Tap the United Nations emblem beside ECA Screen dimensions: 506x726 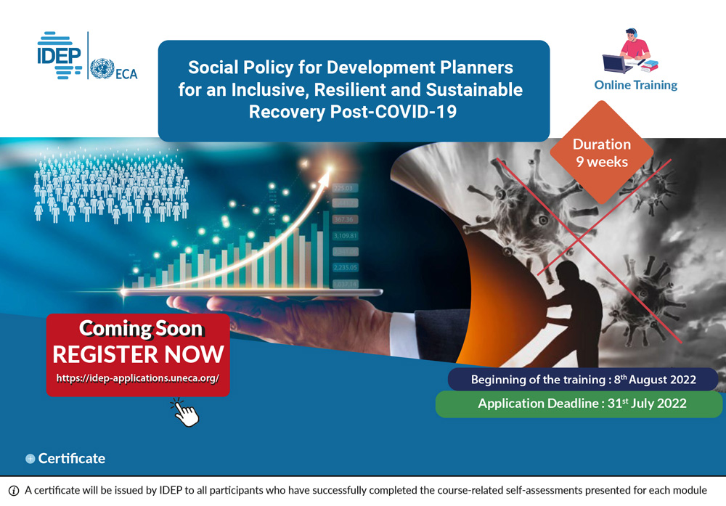(x=102, y=69)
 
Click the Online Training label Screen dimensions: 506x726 (x=635, y=85)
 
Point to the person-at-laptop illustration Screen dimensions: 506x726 (x=629, y=51)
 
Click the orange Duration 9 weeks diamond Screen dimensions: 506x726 (x=601, y=152)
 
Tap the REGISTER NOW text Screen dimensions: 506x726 (x=138, y=354)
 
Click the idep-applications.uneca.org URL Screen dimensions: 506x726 (x=137, y=379)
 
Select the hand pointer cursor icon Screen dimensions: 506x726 (x=185, y=412)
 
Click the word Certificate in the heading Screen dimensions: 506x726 (x=71, y=458)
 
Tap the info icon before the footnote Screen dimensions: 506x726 (x=13, y=491)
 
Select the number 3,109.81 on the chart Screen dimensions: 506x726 (x=345, y=236)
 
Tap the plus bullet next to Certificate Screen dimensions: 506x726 (x=30, y=459)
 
